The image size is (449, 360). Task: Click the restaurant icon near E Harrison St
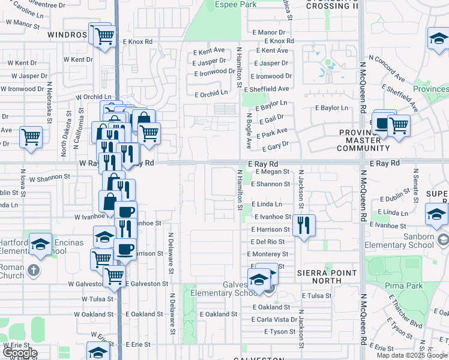[x=304, y=226]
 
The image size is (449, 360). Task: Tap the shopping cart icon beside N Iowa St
[x=31, y=137]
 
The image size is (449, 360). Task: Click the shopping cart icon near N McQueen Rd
[x=398, y=125]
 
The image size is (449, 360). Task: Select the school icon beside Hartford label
[x=41, y=244]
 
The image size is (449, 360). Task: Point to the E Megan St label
[x=273, y=172]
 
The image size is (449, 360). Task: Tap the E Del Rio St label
[x=268, y=242]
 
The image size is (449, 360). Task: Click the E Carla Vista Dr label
[x=274, y=319]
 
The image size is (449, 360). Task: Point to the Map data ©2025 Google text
[x=411, y=355]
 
